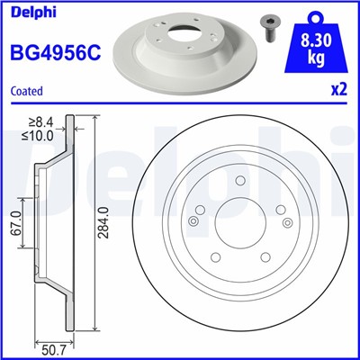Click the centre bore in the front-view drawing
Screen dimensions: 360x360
240,232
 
